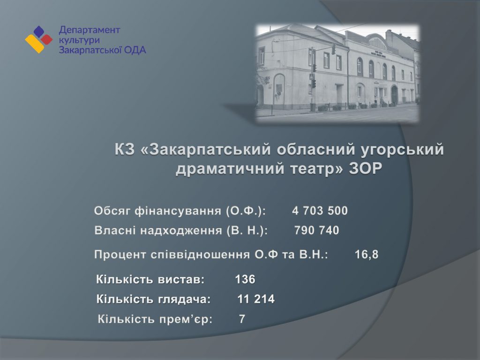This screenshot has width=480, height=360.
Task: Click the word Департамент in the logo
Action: pos(89,30)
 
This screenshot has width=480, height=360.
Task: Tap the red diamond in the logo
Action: pos(46,39)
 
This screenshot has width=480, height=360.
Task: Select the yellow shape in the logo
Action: pos(35,44)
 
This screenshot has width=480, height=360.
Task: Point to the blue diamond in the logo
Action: pos(39,32)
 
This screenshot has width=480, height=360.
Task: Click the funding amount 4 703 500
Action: pos(320,210)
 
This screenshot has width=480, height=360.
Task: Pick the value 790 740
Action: pos(316,230)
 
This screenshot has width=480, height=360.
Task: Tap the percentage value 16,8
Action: pos(367,255)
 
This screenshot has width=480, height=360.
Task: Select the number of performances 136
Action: pos(245,279)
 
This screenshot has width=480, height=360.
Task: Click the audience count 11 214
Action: pos(256,299)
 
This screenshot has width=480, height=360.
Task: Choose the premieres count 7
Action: pos(242,319)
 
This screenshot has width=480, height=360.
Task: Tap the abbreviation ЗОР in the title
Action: pos(366,169)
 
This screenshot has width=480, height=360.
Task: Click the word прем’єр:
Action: pos(186,319)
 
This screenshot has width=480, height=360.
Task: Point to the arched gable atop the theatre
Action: pos(377,42)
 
